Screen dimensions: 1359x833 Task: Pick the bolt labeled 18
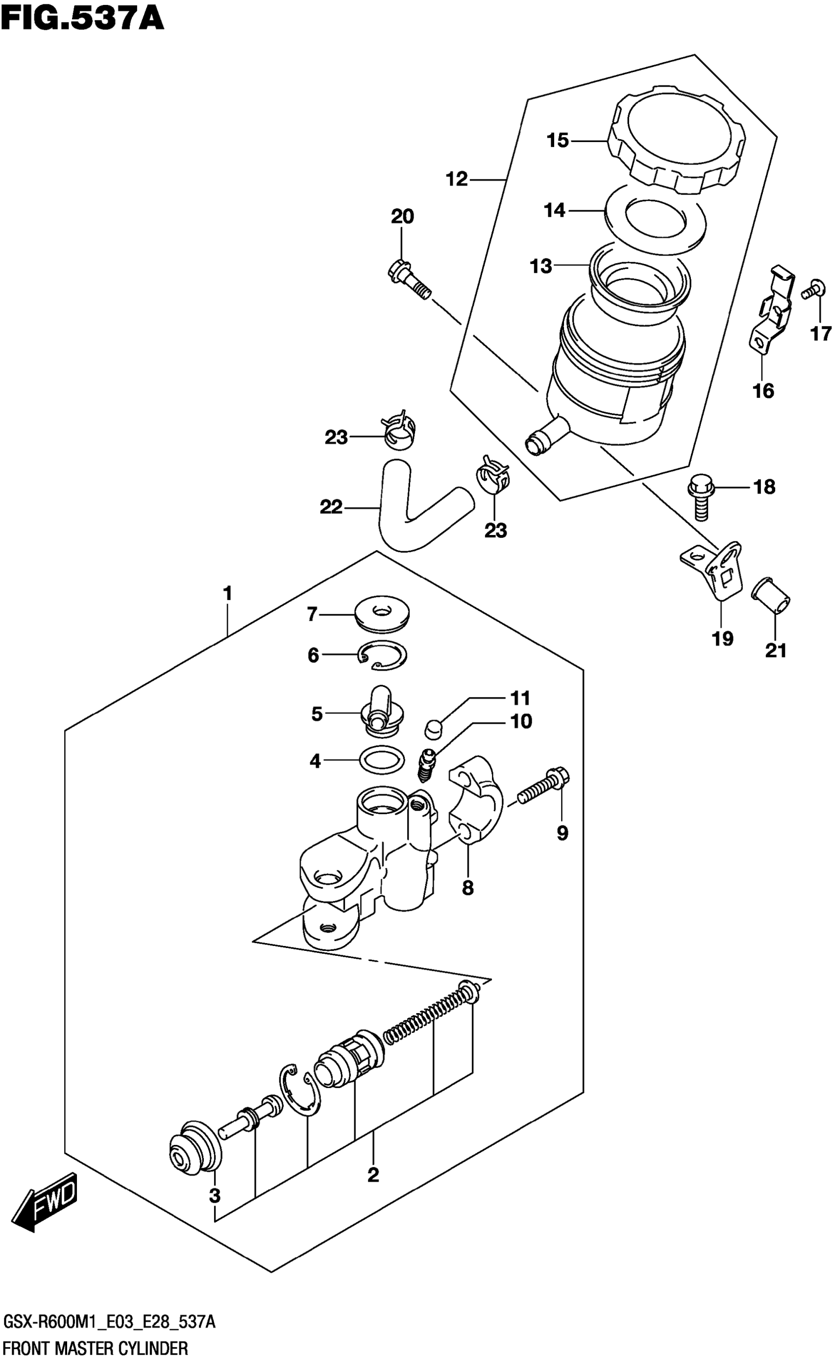pyautogui.click(x=700, y=500)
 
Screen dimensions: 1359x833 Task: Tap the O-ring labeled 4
pyautogui.click(x=381, y=760)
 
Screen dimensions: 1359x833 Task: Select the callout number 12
pyautogui.click(x=457, y=179)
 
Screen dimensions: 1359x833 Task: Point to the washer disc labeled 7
pyautogui.click(x=381, y=613)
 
